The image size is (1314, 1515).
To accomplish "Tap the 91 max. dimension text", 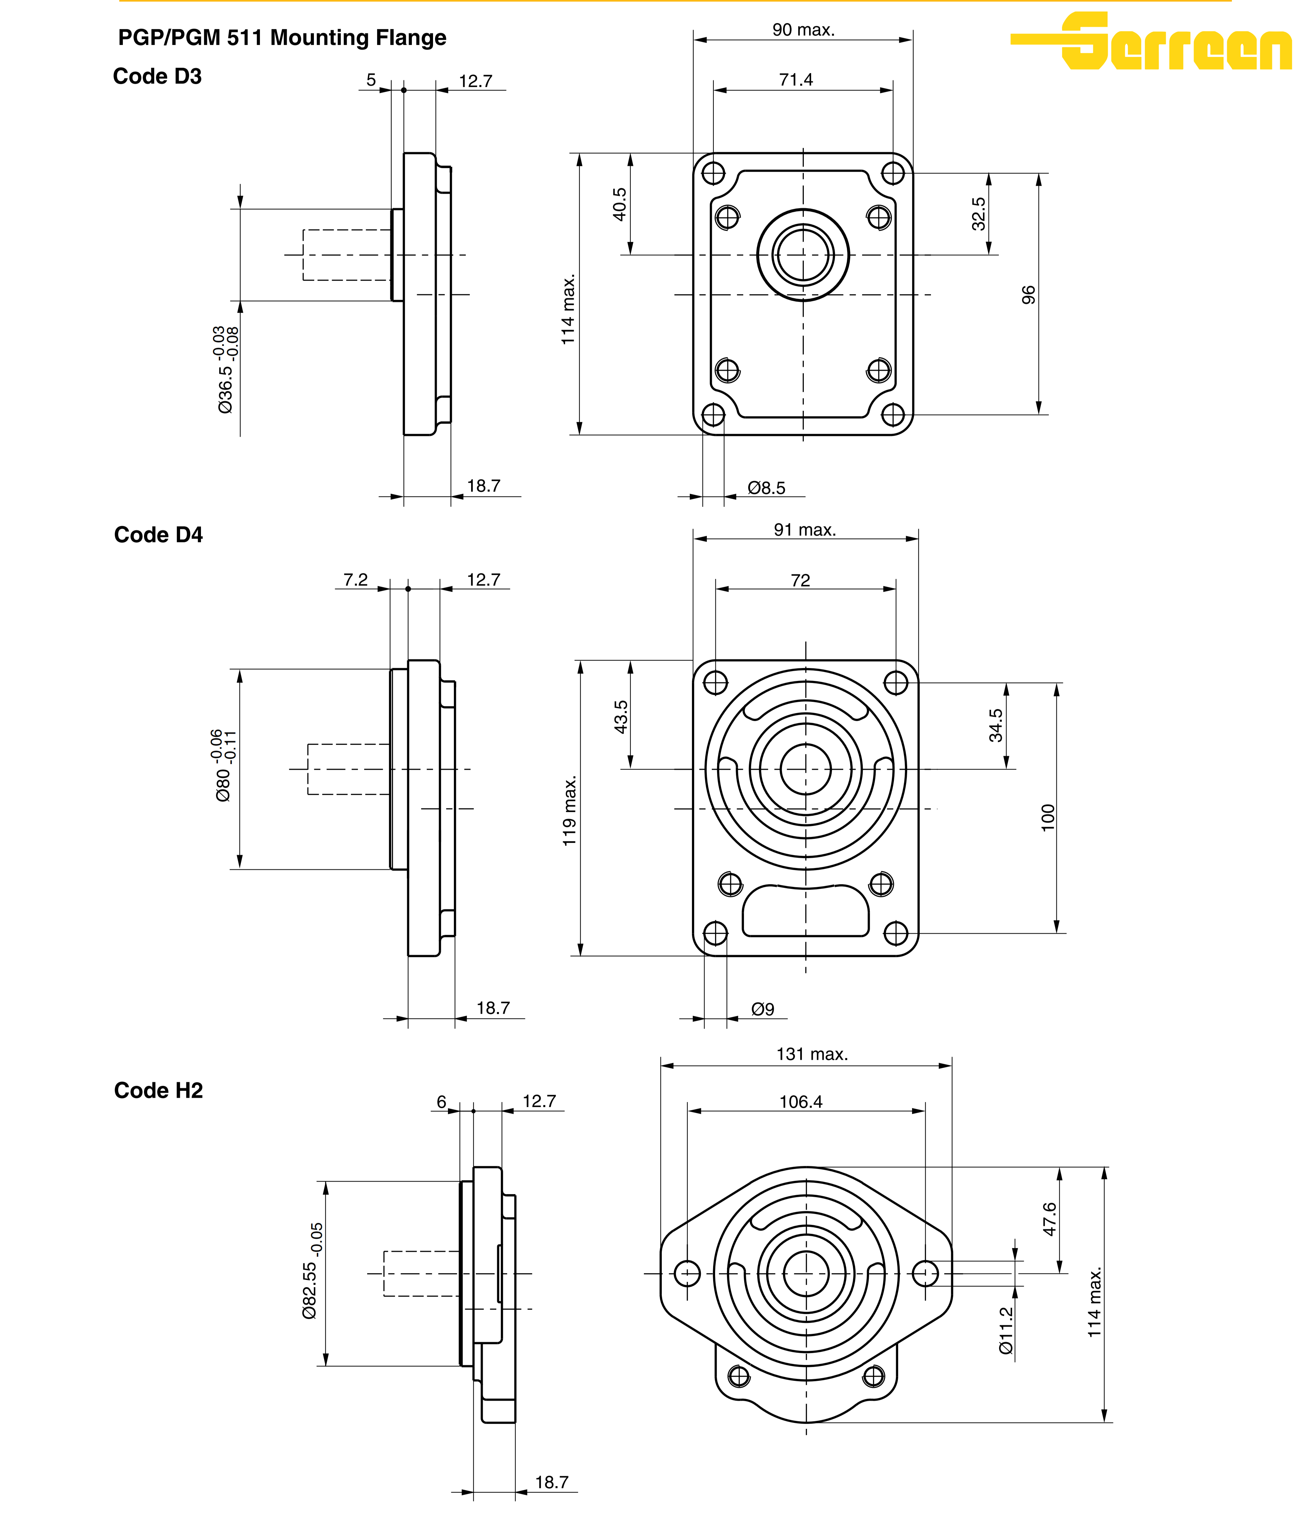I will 804,529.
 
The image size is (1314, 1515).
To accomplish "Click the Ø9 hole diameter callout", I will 762,1009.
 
